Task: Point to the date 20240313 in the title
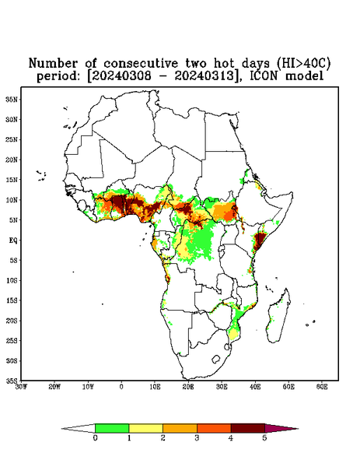pyautogui.click(x=203, y=76)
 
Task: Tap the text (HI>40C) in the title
pyautogui.click(x=304, y=64)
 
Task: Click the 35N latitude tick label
pyautogui.click(x=12, y=99)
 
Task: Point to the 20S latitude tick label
pyautogui.click(x=12, y=321)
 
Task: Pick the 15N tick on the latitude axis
pyautogui.click(x=12, y=180)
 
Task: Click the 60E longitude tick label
pyautogui.click(x=322, y=387)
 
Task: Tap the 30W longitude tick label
pyautogui.click(x=21, y=387)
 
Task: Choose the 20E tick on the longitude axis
pyautogui.click(x=188, y=387)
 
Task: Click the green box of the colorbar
pyautogui.click(x=112, y=428)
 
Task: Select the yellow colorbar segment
pyautogui.click(x=145, y=428)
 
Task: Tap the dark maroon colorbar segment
pyautogui.click(x=248, y=428)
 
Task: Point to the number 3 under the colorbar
pyautogui.click(x=197, y=438)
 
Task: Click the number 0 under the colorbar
pyautogui.click(x=95, y=438)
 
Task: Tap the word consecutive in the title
pyautogui.click(x=141, y=64)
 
